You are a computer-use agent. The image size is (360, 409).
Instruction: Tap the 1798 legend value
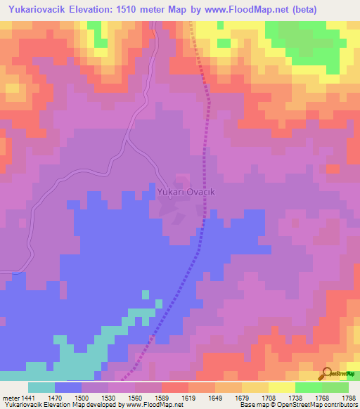point(347,396)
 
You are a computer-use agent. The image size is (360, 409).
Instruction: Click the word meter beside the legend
point(10,396)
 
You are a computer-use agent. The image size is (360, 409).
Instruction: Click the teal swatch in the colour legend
point(41,387)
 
